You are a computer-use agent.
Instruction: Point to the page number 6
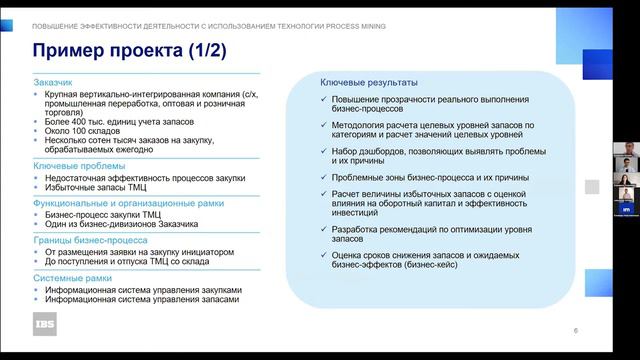point(575,331)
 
